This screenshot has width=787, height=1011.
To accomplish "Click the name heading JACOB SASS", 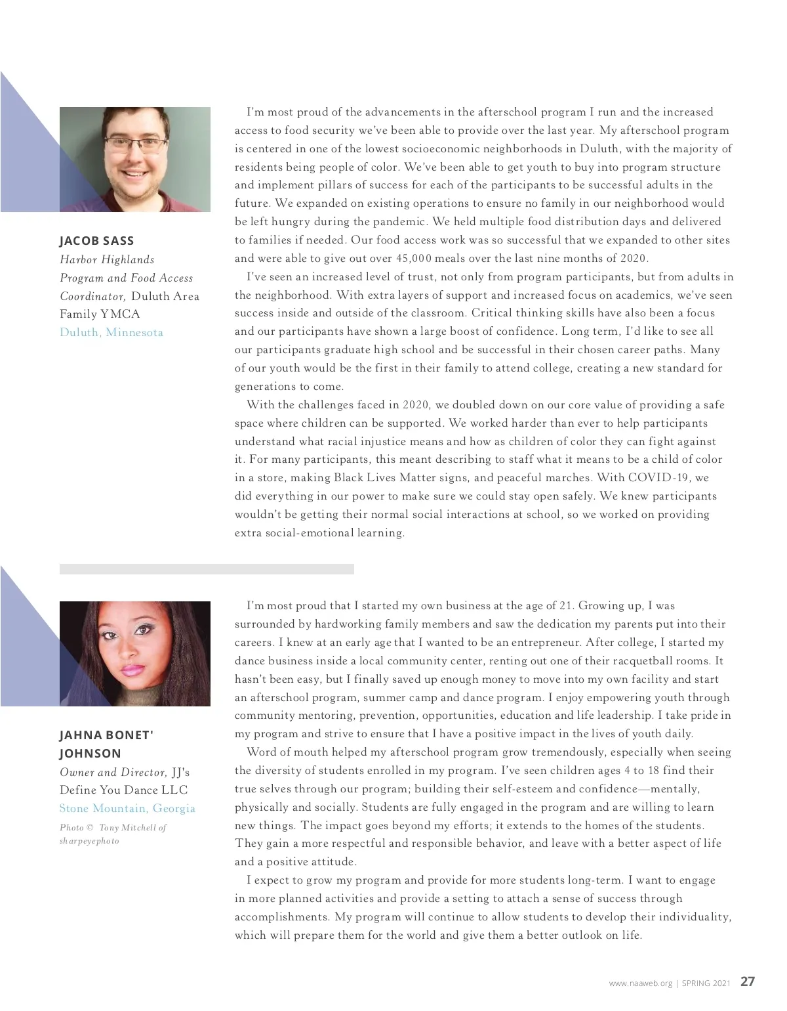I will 96,241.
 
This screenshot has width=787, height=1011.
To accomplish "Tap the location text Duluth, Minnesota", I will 111,332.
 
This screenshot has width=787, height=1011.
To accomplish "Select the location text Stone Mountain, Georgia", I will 127,808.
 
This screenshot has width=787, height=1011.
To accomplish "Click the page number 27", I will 748,982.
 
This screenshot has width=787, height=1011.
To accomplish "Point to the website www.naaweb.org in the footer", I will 640,983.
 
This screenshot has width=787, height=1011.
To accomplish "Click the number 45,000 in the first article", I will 414,259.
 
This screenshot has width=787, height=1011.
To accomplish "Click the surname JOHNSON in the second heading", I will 90,754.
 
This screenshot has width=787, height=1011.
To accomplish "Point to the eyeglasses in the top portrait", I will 135,145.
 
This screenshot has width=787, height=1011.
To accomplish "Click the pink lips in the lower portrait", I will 131,670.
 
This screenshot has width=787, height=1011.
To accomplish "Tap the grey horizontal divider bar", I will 207,569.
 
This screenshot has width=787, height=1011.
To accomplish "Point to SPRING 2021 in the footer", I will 706,983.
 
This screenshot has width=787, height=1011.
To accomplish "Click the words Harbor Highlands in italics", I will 107,259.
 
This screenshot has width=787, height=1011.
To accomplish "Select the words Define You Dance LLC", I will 123,790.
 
